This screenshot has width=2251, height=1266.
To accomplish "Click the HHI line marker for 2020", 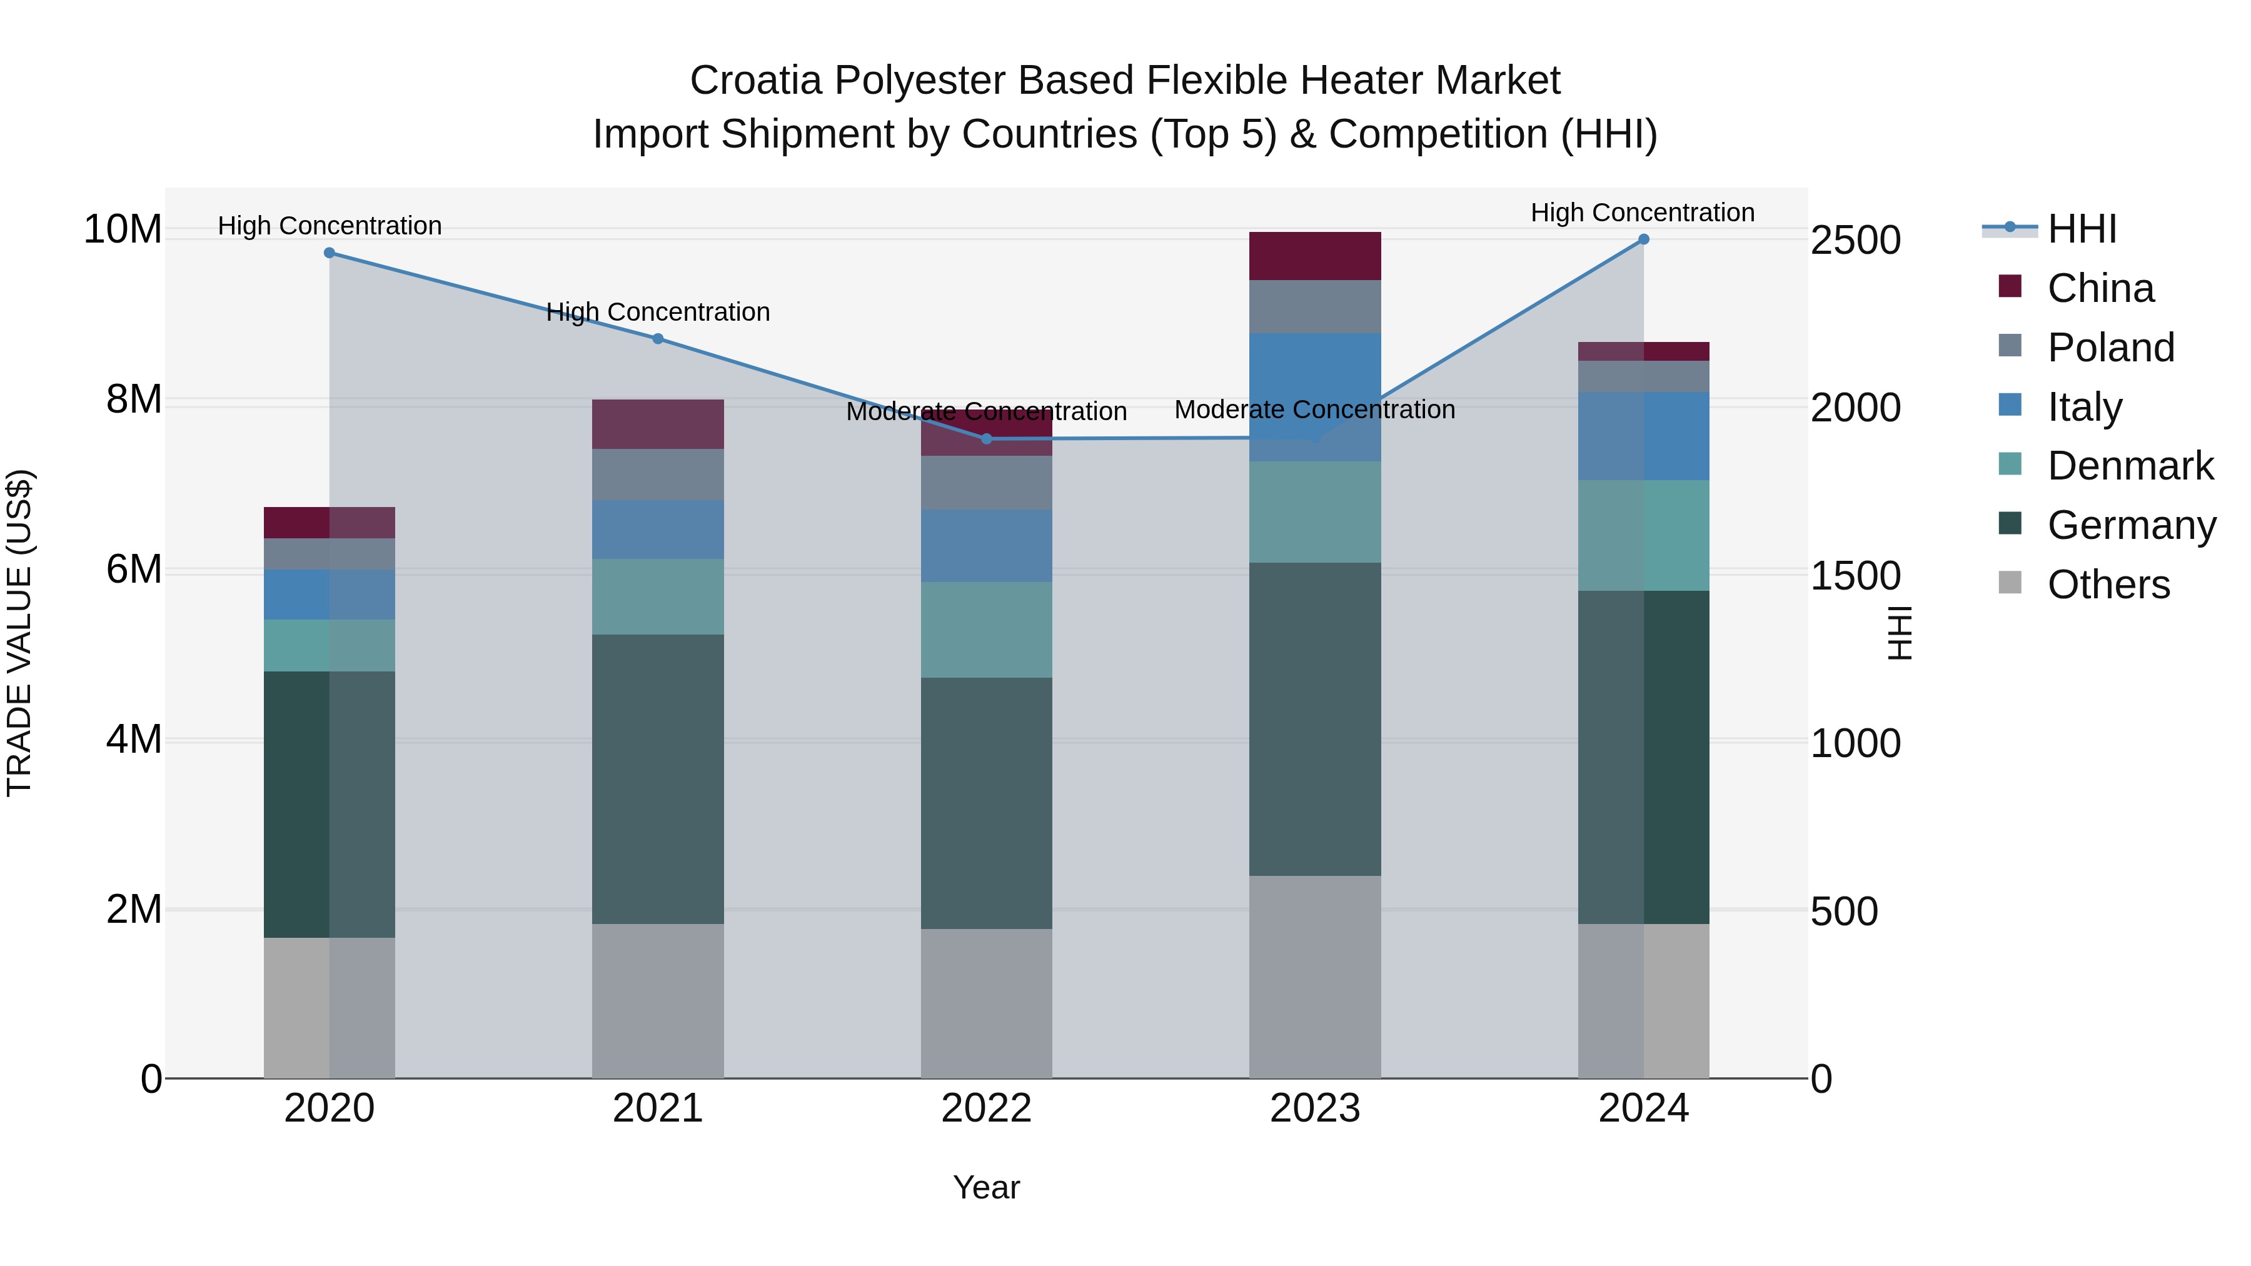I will click(330, 253).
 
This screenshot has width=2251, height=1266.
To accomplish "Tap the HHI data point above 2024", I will click(1644, 239).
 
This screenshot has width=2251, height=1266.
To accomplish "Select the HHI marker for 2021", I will click(658, 339).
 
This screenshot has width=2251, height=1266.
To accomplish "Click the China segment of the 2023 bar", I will click(1314, 256).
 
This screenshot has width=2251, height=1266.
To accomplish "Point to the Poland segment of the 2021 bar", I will click(658, 475).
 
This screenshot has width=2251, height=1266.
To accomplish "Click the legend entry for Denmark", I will click(2130, 466).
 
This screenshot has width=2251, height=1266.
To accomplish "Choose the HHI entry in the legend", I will click(2080, 229).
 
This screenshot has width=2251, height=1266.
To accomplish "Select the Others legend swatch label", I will click(2108, 585).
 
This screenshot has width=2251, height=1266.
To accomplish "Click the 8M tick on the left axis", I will click(134, 399).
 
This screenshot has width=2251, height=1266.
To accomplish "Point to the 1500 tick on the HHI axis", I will click(1855, 576).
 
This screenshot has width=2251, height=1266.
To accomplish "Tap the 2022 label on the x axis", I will click(987, 1108).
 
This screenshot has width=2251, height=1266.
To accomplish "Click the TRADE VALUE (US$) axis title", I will click(20, 633).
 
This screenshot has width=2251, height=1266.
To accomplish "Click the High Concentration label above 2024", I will click(1642, 213).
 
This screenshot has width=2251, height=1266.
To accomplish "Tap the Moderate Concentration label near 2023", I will click(1314, 409).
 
